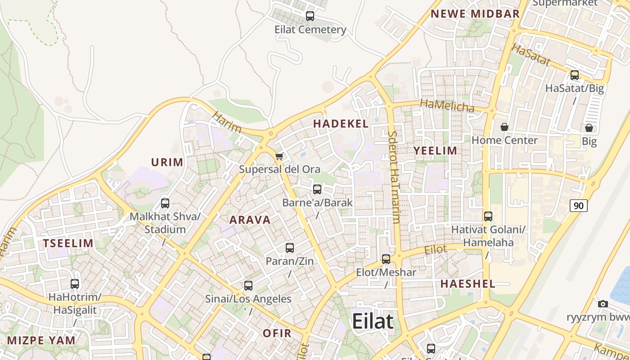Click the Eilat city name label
[373, 321]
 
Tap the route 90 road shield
[579, 206]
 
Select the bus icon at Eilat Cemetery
[310, 16]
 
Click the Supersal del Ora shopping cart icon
[279, 157]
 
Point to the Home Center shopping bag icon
[504, 127]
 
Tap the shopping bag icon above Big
[589, 128]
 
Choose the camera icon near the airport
[603, 304]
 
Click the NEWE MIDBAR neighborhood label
[475, 14]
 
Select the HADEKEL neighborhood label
[341, 124]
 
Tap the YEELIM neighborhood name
[435, 151]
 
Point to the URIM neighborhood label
[167, 162]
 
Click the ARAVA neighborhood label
[250, 220]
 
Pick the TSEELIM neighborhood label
[68, 243]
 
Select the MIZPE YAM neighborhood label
[41, 340]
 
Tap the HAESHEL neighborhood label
[468, 284]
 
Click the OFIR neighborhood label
[277, 333]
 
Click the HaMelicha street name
[447, 106]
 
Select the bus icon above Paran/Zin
[290, 248]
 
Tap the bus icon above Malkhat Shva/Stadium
[165, 203]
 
